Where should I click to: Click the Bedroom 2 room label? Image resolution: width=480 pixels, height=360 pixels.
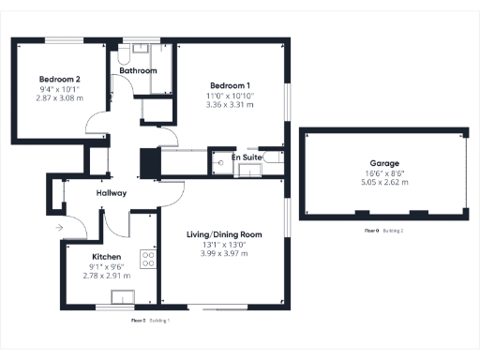coord(59,79)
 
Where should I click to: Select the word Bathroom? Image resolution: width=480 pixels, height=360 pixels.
coord(138,70)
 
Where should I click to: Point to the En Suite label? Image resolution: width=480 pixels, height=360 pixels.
coord(247,158)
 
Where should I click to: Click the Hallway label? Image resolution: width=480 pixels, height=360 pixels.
coord(112,193)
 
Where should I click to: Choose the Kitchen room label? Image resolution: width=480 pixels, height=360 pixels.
coord(106,256)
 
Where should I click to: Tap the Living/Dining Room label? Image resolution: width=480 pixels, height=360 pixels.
coord(223,234)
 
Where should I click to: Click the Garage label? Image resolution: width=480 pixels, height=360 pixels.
coord(384,161)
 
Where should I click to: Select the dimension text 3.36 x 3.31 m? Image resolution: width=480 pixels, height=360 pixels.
coord(230,105)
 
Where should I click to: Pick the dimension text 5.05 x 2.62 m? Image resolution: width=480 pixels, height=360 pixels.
coord(384,183)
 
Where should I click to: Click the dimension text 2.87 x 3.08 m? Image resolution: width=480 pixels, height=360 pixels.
coord(59,97)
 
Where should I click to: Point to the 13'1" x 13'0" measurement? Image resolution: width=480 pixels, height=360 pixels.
coord(223,245)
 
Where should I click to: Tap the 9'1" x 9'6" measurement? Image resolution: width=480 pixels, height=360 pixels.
coord(106,266)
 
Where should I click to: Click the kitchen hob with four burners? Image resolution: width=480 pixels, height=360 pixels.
coord(147,256)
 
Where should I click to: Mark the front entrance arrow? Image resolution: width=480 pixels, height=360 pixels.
coord(59,226)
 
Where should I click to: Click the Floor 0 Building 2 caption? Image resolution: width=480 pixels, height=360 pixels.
coord(384,231)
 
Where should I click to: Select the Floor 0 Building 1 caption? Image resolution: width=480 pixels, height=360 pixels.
coord(156,320)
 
